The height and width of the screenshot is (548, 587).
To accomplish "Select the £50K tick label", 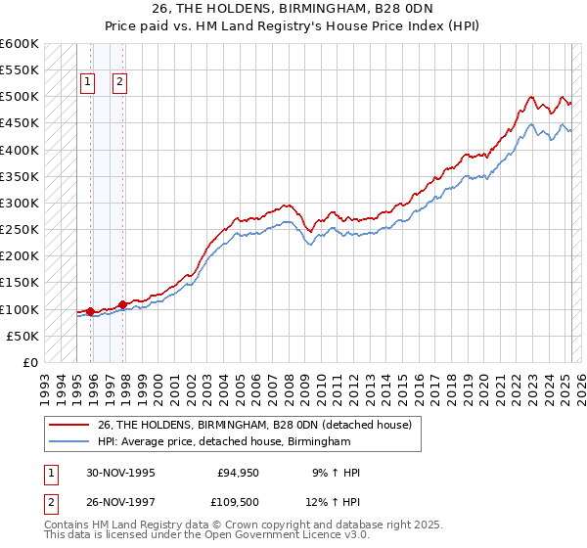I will [23, 336].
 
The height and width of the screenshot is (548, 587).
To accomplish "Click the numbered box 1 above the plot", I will [88, 83].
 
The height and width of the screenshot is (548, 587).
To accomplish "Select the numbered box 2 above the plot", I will [119, 83].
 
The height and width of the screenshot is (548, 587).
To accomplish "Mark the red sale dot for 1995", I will [91, 312].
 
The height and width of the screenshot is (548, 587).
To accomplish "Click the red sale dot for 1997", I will [123, 304].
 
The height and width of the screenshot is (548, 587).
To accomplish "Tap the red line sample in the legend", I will [68, 425].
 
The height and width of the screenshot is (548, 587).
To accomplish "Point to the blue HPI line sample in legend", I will [68, 442].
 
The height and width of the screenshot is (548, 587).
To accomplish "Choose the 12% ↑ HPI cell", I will [336, 504].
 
